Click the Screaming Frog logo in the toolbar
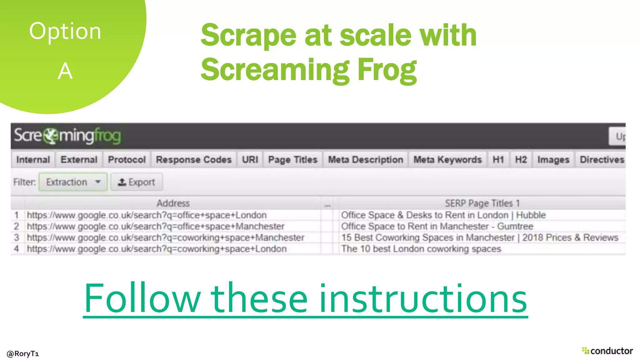click(x=67, y=136)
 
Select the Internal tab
click(x=33, y=160)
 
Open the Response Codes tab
click(x=194, y=160)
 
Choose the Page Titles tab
click(x=292, y=160)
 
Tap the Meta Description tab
click(x=365, y=160)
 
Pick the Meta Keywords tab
click(x=447, y=160)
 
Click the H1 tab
click(x=498, y=160)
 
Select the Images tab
click(x=553, y=160)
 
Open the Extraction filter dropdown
click(x=73, y=182)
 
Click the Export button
click(x=137, y=182)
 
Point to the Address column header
click(x=173, y=203)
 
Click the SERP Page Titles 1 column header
click(x=482, y=203)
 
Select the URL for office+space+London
click(x=147, y=215)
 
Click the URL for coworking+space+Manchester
click(x=165, y=237)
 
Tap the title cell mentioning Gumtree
click(x=437, y=226)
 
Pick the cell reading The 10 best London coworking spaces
click(x=421, y=249)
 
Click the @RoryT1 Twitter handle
click(x=23, y=353)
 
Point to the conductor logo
click(x=607, y=351)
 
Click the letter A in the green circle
click(x=65, y=71)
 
